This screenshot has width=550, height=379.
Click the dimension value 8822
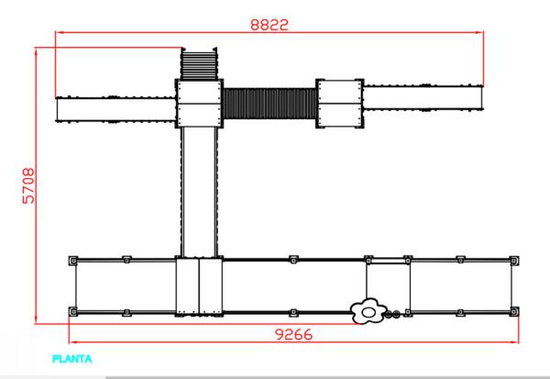269,25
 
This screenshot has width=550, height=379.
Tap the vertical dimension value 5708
28,185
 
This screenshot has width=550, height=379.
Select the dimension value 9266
293,334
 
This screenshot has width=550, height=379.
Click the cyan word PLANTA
71,359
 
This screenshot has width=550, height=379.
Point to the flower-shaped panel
368,311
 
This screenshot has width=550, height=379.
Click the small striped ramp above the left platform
199,63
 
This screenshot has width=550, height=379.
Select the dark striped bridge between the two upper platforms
269,104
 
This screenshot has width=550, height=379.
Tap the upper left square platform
199,104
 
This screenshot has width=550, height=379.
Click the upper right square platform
339,104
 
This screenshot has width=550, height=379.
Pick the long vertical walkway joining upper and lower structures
199,192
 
